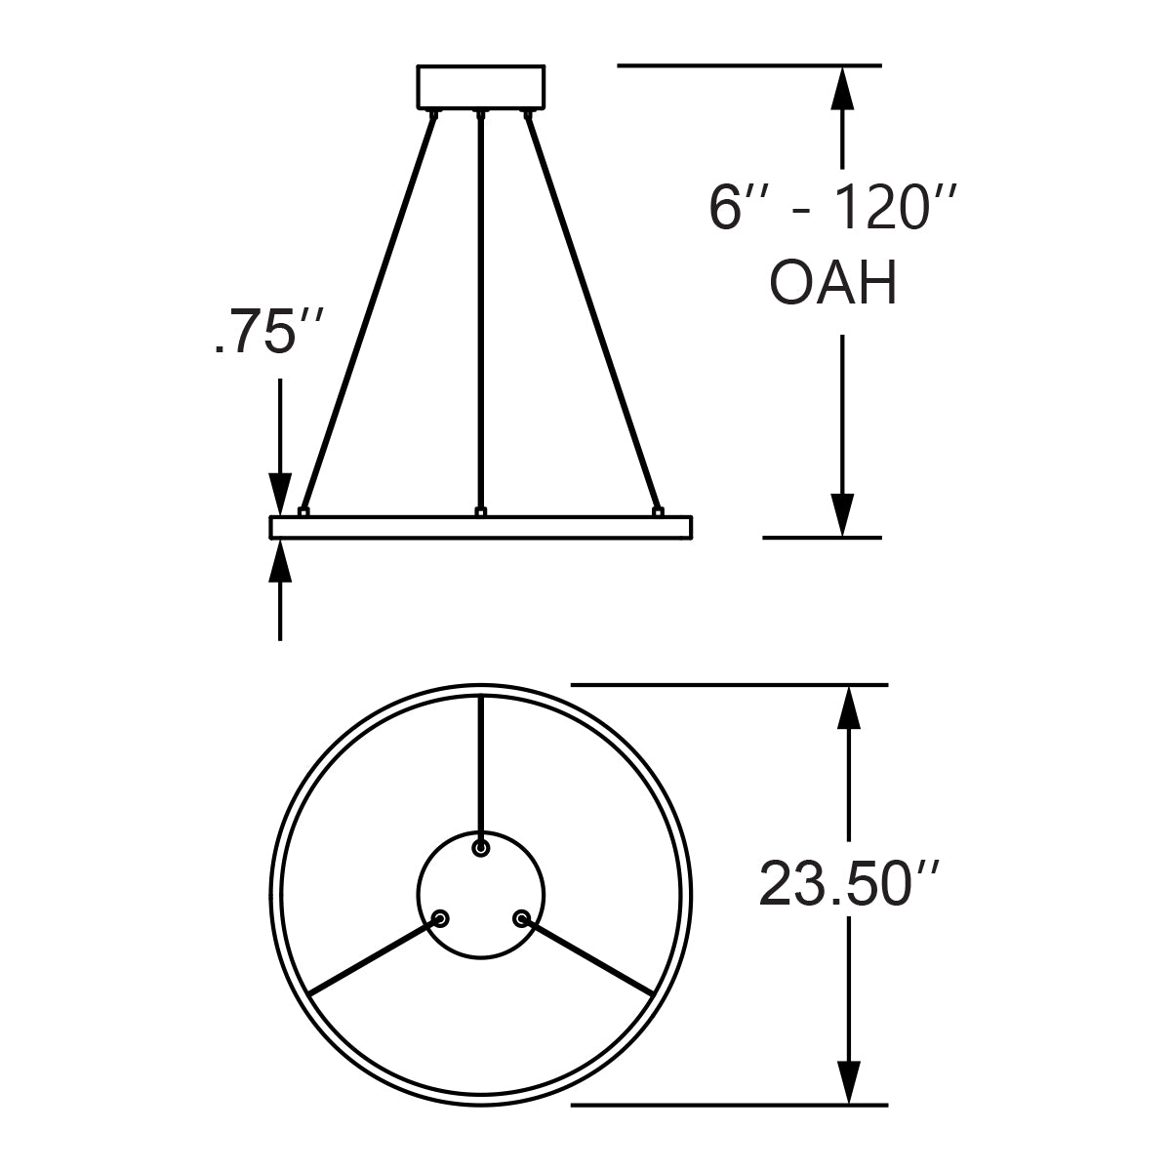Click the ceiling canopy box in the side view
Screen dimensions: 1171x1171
point(480,87)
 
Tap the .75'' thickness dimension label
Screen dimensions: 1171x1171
point(254,335)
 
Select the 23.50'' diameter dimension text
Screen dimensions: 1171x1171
point(850,884)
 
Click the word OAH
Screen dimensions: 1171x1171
point(833,285)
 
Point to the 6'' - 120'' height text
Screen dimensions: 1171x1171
point(830,208)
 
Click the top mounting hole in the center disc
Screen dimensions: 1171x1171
point(480,849)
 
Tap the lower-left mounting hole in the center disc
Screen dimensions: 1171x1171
point(441,918)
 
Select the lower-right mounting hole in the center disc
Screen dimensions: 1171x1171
point(521,918)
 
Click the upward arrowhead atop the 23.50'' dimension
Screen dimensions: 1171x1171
point(851,707)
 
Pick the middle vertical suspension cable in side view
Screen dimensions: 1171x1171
point(480,312)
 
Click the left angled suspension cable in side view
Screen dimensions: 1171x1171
point(369,312)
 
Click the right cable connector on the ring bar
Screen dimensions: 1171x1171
point(658,511)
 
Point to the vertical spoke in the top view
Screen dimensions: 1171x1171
point(480,766)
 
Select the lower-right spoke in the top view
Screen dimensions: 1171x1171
point(590,958)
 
